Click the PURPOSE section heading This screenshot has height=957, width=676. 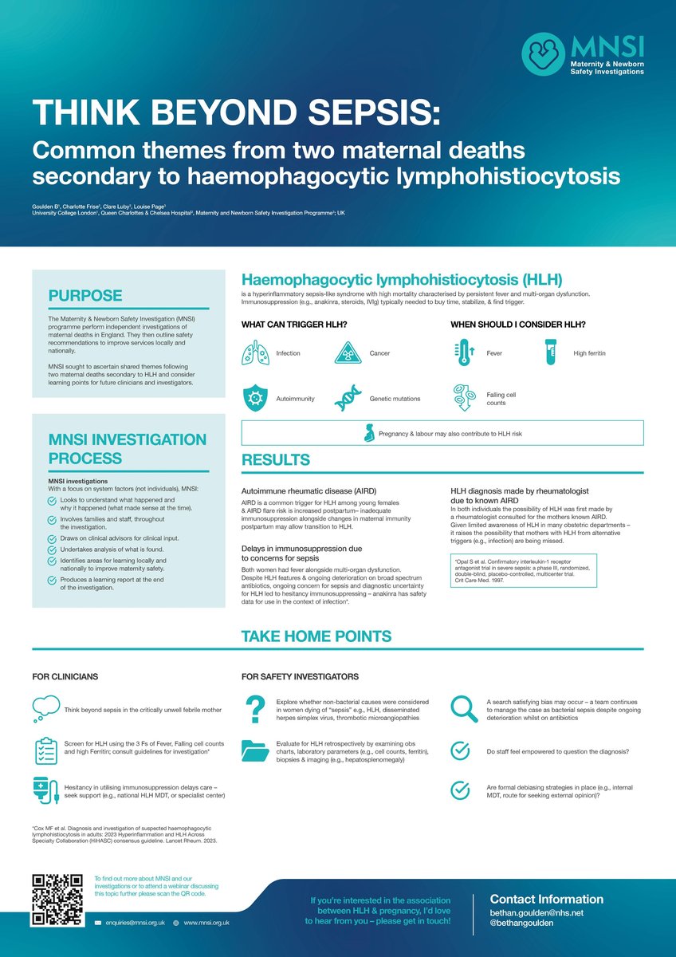pyautogui.click(x=85, y=296)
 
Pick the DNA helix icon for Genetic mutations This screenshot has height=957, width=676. pyautogui.click(x=349, y=397)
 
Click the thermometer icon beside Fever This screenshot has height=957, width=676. pyautogui.click(x=465, y=352)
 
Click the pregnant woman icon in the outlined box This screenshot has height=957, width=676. pyautogui.click(x=370, y=433)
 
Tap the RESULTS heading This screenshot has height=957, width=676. pyautogui.click(x=276, y=460)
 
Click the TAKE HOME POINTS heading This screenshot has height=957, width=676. pyautogui.click(x=316, y=636)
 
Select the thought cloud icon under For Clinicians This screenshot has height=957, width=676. pyautogui.click(x=45, y=707)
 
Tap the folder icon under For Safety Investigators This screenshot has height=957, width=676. pyautogui.click(x=255, y=751)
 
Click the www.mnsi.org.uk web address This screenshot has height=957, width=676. pyautogui.click(x=206, y=922)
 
